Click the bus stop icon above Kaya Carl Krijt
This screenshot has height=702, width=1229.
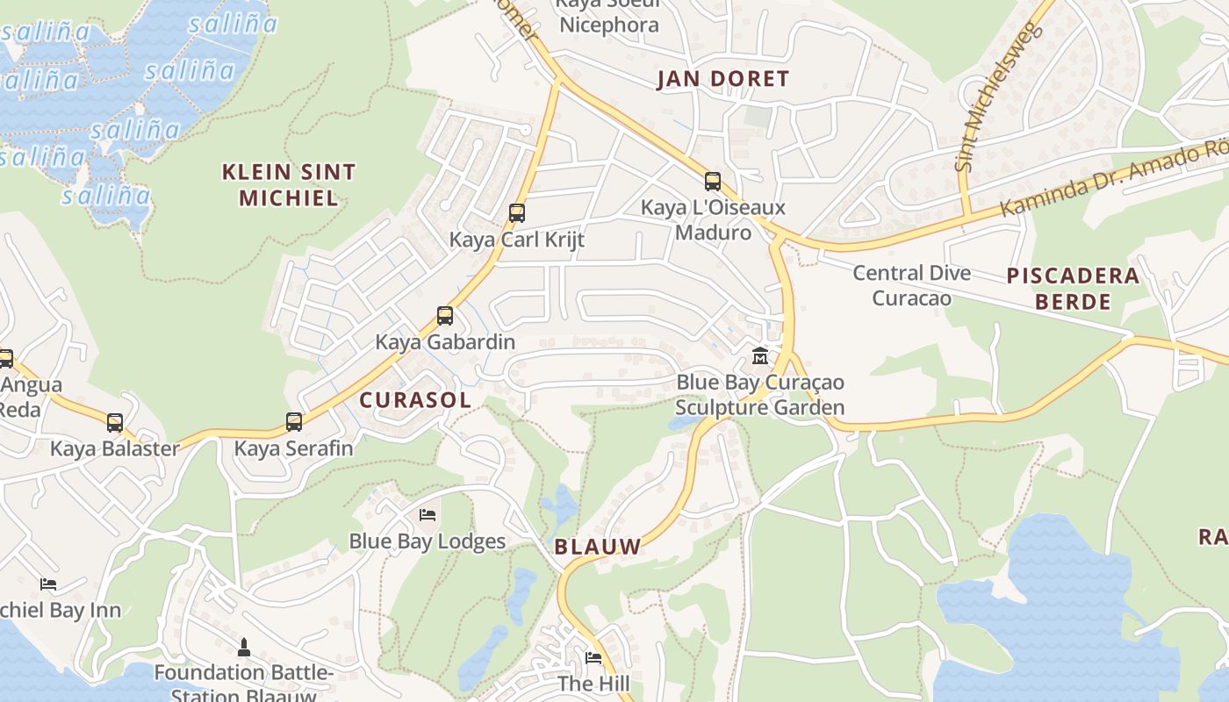(x=516, y=212)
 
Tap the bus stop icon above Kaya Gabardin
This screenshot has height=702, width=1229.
(x=445, y=316)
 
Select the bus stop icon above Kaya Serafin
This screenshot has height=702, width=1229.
(x=294, y=422)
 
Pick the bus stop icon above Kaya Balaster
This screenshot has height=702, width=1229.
(x=115, y=423)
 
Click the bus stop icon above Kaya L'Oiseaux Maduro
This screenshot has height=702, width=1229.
(x=713, y=182)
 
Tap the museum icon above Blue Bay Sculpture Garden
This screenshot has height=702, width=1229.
(x=760, y=356)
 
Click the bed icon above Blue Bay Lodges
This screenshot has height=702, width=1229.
(x=428, y=514)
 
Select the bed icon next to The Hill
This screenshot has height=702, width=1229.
(x=593, y=658)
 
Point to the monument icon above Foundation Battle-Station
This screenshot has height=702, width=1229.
(x=244, y=648)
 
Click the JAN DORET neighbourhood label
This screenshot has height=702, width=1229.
(x=724, y=79)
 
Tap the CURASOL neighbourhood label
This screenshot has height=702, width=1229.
(x=415, y=400)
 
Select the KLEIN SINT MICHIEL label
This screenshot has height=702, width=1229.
(x=289, y=184)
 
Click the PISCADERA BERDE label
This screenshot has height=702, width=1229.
(x=1073, y=289)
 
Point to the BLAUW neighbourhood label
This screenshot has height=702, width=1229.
(x=598, y=547)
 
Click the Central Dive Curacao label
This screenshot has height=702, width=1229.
(x=912, y=285)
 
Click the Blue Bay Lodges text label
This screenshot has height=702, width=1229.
(x=428, y=541)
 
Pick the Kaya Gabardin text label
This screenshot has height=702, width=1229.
(x=445, y=342)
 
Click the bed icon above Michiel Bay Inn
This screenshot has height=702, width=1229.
(x=48, y=584)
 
